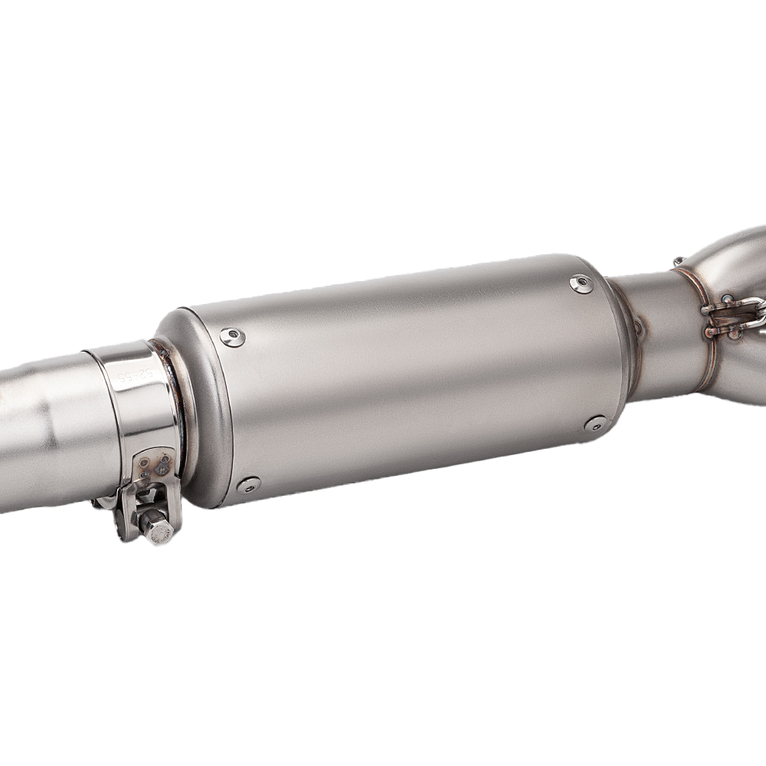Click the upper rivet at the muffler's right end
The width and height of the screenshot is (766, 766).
tap(581, 284)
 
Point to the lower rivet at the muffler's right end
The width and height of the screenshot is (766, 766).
tap(595, 424)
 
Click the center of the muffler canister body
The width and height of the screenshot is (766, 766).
tap(406, 375)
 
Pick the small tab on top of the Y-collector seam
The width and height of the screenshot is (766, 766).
tap(679, 263)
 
